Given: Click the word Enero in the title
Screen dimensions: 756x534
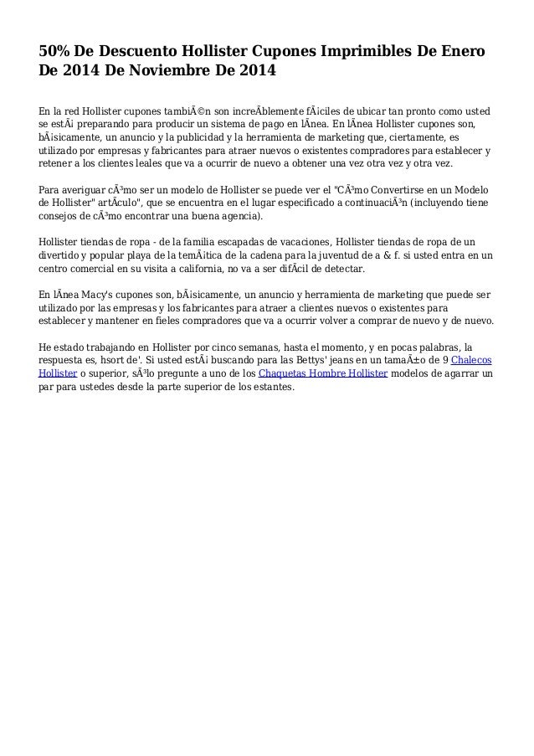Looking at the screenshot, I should pos(460,54).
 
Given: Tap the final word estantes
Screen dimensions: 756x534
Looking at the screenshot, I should pos(274,388).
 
